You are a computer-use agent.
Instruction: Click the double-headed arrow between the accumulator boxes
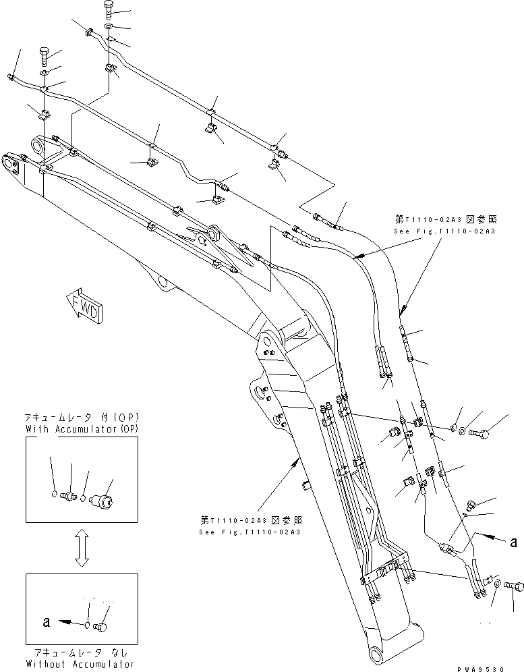tap(81, 547)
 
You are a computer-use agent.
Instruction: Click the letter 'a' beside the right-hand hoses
tap(515, 540)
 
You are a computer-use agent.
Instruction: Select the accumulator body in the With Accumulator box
tap(103, 501)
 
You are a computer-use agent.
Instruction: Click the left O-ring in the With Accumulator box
tap(54, 496)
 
